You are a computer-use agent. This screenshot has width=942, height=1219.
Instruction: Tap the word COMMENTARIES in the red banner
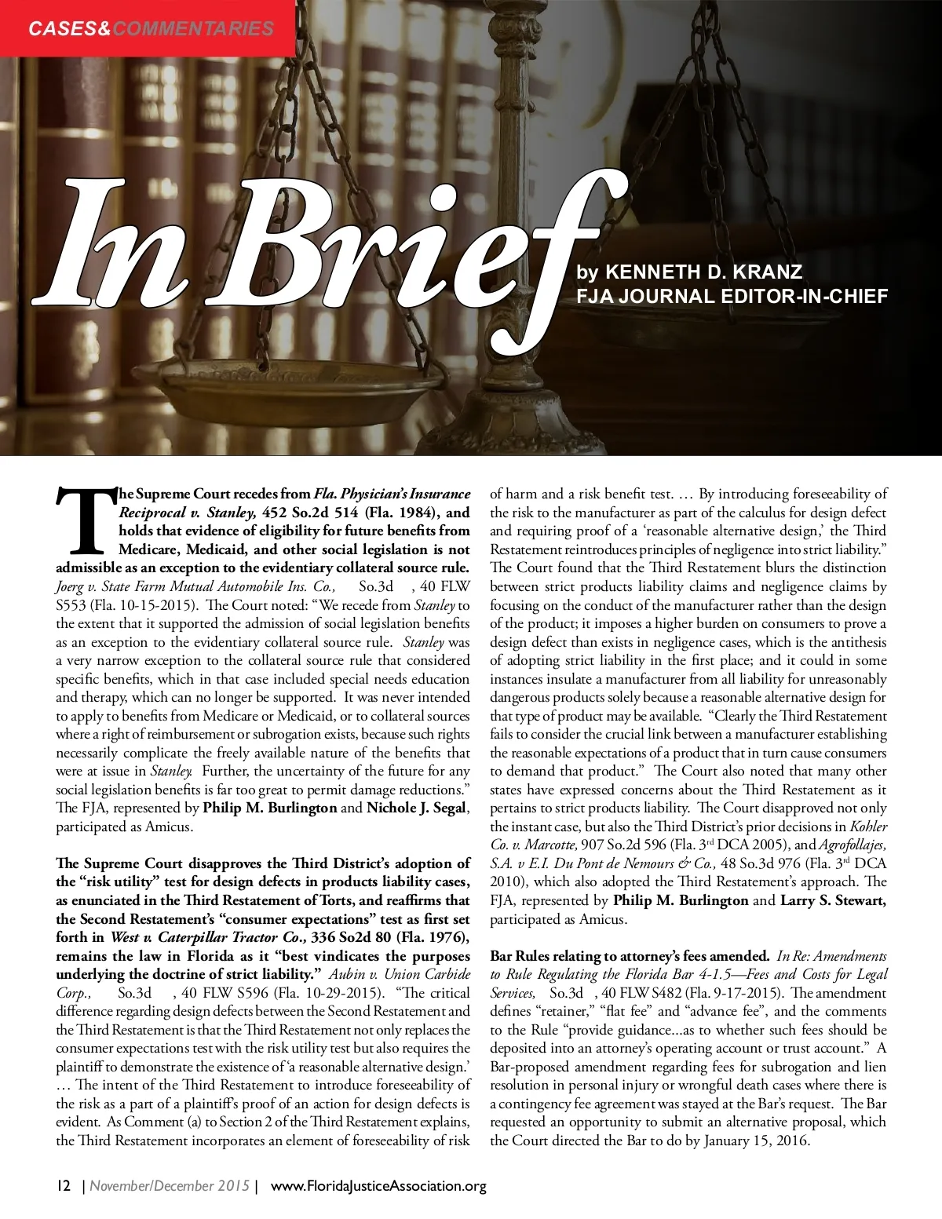click(193, 29)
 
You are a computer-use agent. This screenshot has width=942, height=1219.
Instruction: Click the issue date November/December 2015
click(170, 1186)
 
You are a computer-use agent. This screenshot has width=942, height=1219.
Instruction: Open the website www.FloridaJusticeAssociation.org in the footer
click(378, 1186)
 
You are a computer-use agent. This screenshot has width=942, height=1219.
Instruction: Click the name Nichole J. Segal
click(416, 808)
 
